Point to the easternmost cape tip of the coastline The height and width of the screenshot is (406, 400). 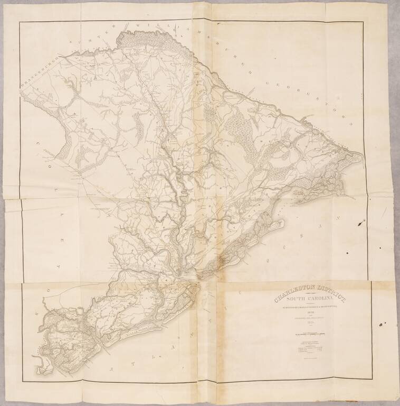pyautogui.click(x=362, y=156)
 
